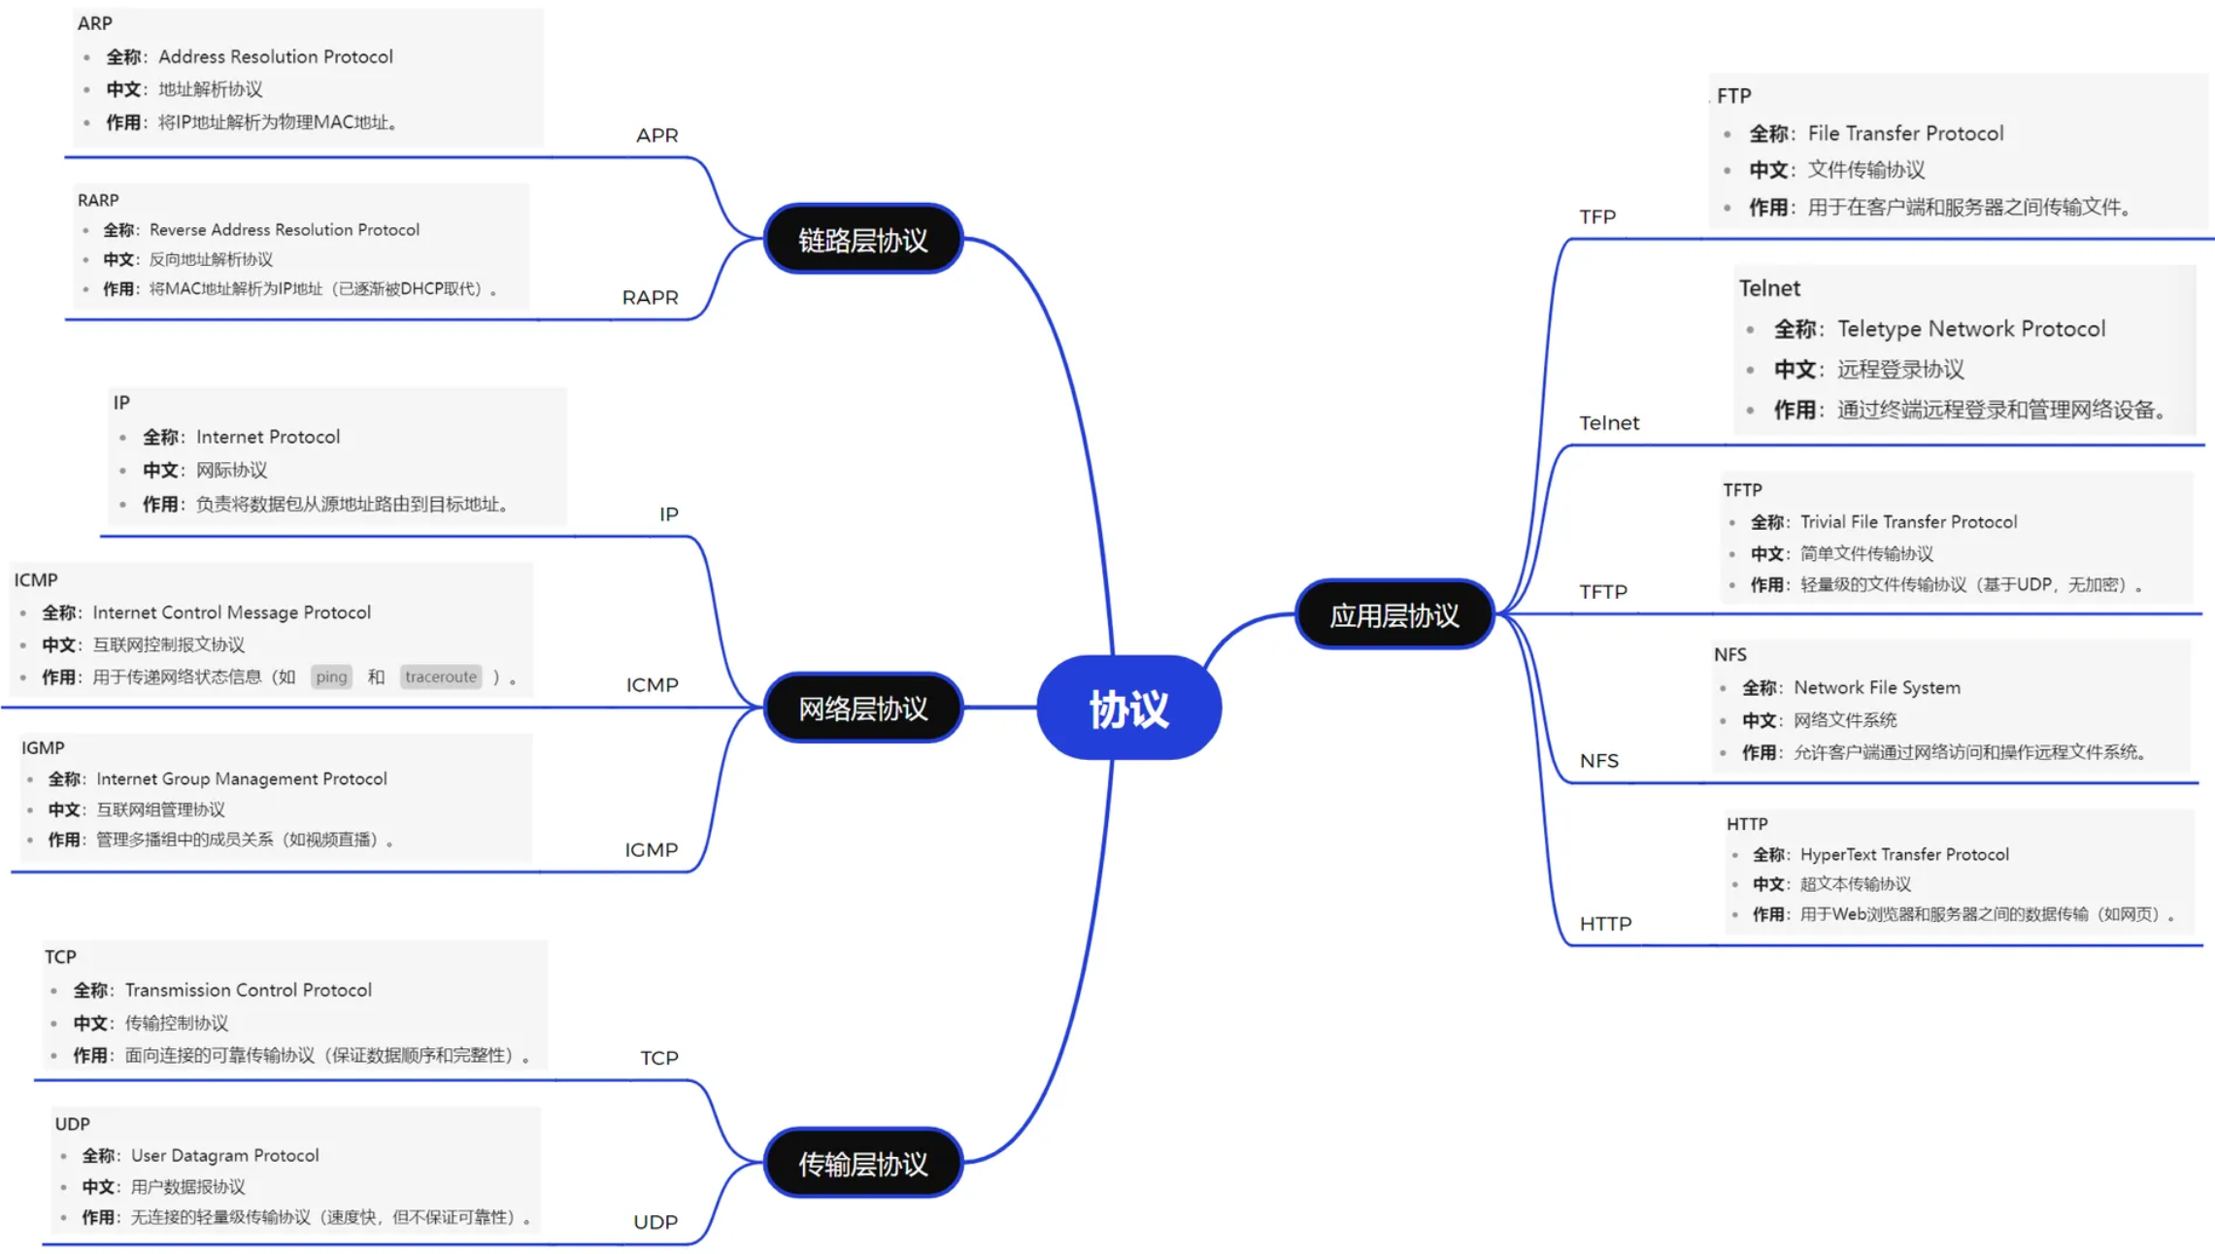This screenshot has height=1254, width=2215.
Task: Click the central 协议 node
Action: pyautogui.click(x=1128, y=708)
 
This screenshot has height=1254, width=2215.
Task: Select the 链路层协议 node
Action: pyautogui.click(x=862, y=240)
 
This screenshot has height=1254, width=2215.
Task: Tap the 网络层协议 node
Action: pyautogui.click(x=862, y=709)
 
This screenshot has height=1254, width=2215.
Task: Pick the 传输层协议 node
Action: pyautogui.click(x=862, y=1163)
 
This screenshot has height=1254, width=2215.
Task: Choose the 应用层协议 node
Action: pyautogui.click(x=1393, y=615)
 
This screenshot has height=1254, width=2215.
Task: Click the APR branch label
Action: pyautogui.click(x=656, y=136)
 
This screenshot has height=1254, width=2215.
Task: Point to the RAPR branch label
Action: pyautogui.click(x=650, y=298)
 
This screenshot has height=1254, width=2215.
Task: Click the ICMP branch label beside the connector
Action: pyautogui.click(x=652, y=685)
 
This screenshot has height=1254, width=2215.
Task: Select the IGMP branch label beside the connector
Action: pyautogui.click(x=651, y=850)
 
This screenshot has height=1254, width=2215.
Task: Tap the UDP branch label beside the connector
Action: pyautogui.click(x=655, y=1222)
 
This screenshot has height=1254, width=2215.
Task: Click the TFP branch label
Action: pyautogui.click(x=1597, y=217)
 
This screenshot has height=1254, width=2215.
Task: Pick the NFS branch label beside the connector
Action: pyautogui.click(x=1598, y=761)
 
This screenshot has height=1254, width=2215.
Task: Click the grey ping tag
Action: pyautogui.click(x=331, y=676)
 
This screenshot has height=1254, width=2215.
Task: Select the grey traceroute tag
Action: pyautogui.click(x=441, y=676)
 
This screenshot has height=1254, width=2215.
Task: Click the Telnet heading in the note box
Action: pyautogui.click(x=1768, y=288)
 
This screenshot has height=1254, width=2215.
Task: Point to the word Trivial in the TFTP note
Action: pyautogui.click(x=1823, y=522)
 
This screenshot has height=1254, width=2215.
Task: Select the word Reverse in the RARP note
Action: pyautogui.click(x=178, y=230)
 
